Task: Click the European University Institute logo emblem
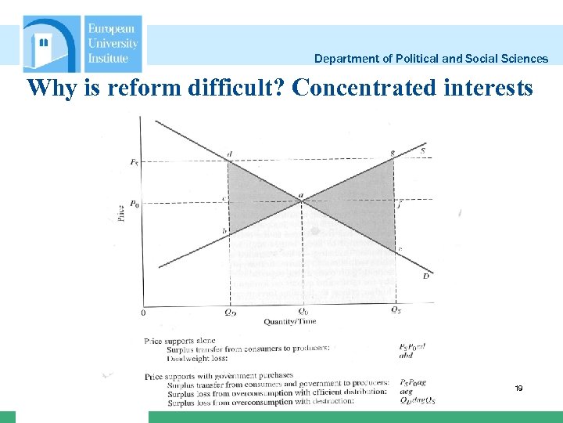tap(52, 44)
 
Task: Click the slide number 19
tap(518, 388)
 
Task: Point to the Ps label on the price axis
tap(134, 162)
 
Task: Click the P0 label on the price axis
tap(134, 204)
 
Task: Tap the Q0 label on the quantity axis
tap(303, 310)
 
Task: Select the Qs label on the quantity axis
tap(396, 310)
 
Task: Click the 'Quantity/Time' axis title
tap(290, 321)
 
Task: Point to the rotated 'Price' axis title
tap(120, 213)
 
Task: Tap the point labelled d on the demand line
tap(229, 154)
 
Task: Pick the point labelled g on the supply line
tap(392, 153)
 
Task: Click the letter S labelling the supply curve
tap(423, 150)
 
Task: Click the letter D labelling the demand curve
tap(425, 275)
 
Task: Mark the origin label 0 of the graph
tap(143, 313)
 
